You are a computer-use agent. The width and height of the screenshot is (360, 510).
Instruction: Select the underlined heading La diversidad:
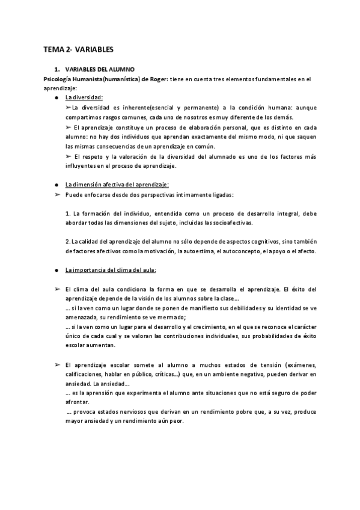pos(84,97)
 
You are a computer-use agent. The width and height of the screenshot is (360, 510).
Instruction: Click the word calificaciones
pos(84,374)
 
